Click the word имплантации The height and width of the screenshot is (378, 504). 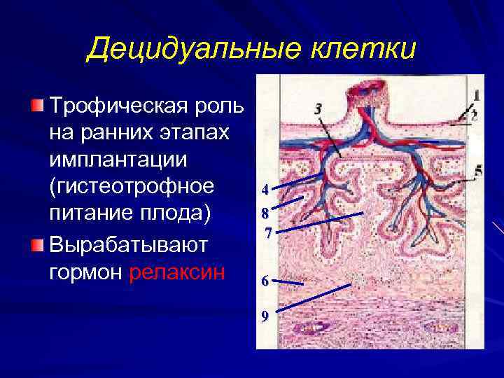coord(118,160)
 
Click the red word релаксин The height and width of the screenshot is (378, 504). coord(177,272)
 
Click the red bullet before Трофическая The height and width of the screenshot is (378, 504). coord(36,106)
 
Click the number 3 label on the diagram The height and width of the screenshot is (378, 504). coord(318,109)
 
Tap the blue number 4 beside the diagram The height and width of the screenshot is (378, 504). coord(265,189)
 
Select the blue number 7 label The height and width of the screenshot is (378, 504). coord(267,233)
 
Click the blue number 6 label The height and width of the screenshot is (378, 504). coord(265,281)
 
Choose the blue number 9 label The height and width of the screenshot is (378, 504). coord(265,316)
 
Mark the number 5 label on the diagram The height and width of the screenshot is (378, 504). coord(477,170)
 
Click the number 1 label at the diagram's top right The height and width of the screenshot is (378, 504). coord(476,94)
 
